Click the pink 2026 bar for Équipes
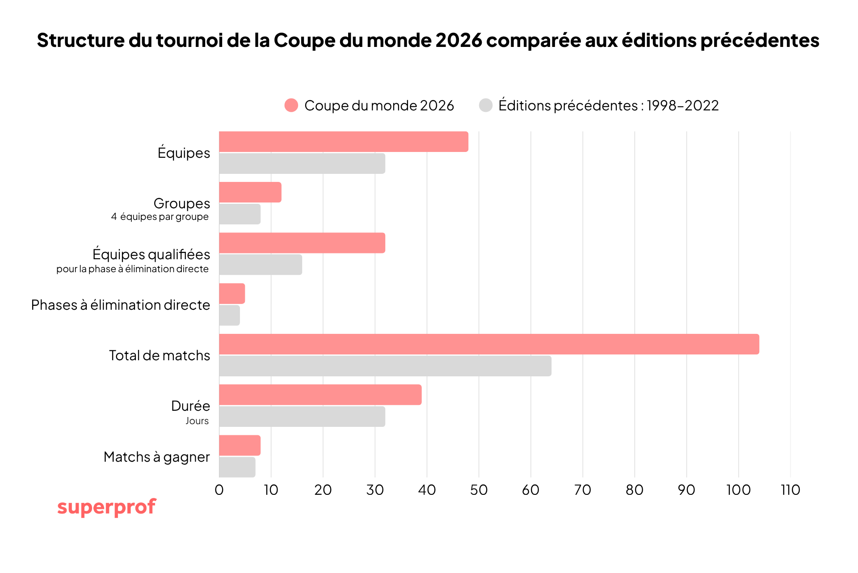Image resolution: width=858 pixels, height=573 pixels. point(343,142)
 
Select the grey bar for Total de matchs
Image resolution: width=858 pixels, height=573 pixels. point(385,366)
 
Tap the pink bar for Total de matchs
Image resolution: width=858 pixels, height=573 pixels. point(489,344)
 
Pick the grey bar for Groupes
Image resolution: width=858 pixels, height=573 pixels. point(240,214)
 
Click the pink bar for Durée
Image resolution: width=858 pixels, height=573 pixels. point(320,395)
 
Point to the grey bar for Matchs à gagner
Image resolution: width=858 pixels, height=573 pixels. point(237,467)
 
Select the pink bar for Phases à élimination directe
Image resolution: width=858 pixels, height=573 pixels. point(232,294)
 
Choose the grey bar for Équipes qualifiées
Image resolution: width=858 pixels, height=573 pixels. point(261,265)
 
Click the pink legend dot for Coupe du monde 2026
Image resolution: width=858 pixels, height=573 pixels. point(291,105)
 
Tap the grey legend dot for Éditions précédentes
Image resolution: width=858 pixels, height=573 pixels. point(485,105)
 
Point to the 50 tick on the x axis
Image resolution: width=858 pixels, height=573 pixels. point(479,490)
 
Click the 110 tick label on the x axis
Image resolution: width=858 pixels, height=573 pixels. point(790,490)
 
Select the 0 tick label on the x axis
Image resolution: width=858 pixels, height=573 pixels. point(219,490)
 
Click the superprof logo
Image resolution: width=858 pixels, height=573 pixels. point(106,507)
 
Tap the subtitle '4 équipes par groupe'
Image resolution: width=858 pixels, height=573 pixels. point(160,217)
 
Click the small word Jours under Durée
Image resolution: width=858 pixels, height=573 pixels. point(197,421)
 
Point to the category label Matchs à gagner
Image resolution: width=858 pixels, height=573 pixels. point(156,457)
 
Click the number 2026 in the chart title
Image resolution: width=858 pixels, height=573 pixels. point(459,40)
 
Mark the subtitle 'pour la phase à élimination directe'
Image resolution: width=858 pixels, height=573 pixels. point(132,269)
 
